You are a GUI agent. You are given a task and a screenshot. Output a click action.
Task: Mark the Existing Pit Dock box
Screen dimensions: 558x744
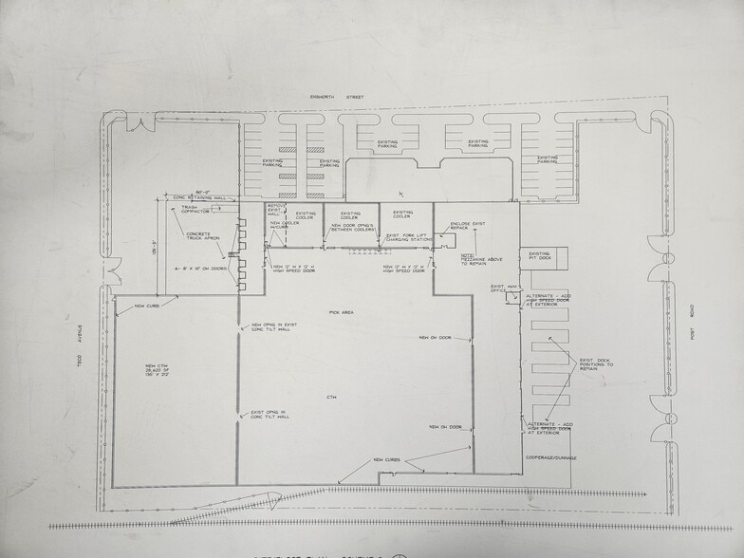click(x=539, y=256)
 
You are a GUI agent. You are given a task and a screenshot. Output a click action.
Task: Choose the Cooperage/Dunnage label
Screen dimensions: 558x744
click(x=550, y=457)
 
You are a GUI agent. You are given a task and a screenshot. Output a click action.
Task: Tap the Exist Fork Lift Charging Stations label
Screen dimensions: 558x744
click(x=408, y=237)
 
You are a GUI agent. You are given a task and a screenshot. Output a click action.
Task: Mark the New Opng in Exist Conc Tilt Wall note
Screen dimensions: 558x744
click(x=272, y=328)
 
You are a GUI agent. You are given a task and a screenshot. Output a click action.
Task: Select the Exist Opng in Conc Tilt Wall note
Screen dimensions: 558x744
click(x=271, y=415)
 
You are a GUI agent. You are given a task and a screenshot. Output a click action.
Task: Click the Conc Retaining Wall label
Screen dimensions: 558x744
click(x=199, y=198)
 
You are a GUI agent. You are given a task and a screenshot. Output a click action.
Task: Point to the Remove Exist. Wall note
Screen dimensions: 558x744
click(x=276, y=211)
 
